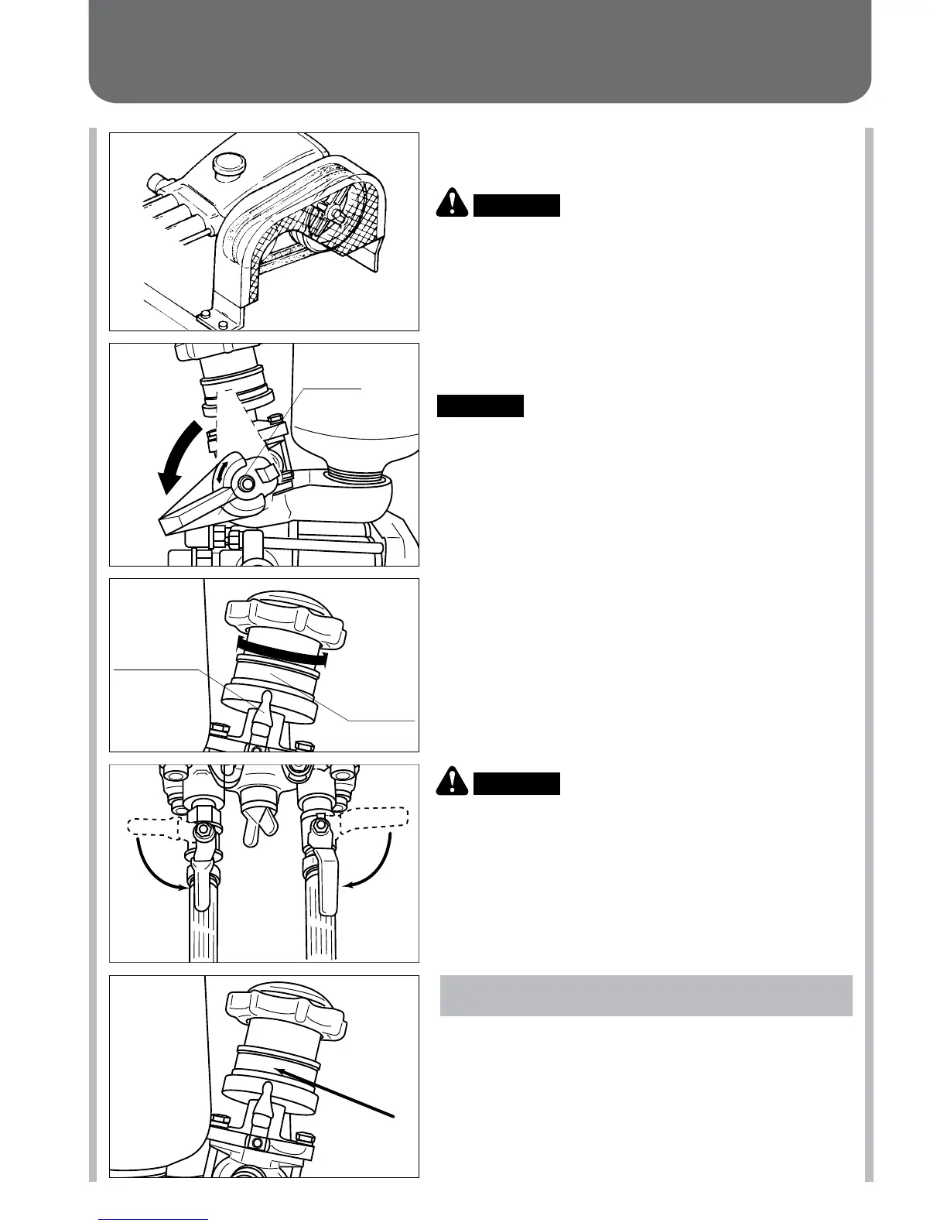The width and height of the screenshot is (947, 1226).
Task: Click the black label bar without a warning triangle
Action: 480,406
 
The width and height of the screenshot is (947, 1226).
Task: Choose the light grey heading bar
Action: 646,995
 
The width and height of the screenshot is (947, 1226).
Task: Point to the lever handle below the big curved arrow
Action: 197,512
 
